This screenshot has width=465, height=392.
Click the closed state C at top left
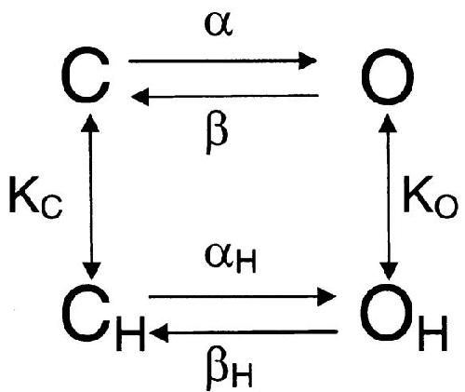86,74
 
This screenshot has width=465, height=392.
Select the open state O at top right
388,76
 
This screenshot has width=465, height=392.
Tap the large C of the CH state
86,314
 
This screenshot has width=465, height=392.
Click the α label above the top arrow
219,25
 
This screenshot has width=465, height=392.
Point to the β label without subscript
217,132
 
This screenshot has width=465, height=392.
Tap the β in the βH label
217,369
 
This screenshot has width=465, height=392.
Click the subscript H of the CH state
130,333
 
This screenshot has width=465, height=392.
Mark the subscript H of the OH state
433,333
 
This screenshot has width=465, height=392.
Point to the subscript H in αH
246,263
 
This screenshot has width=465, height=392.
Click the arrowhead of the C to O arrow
308,61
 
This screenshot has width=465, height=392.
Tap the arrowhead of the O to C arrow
140,97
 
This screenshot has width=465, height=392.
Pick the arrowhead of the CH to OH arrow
327,297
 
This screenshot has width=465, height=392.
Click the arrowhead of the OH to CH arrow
159,332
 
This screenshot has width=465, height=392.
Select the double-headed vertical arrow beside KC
91,196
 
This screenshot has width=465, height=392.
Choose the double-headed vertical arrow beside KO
388,197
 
